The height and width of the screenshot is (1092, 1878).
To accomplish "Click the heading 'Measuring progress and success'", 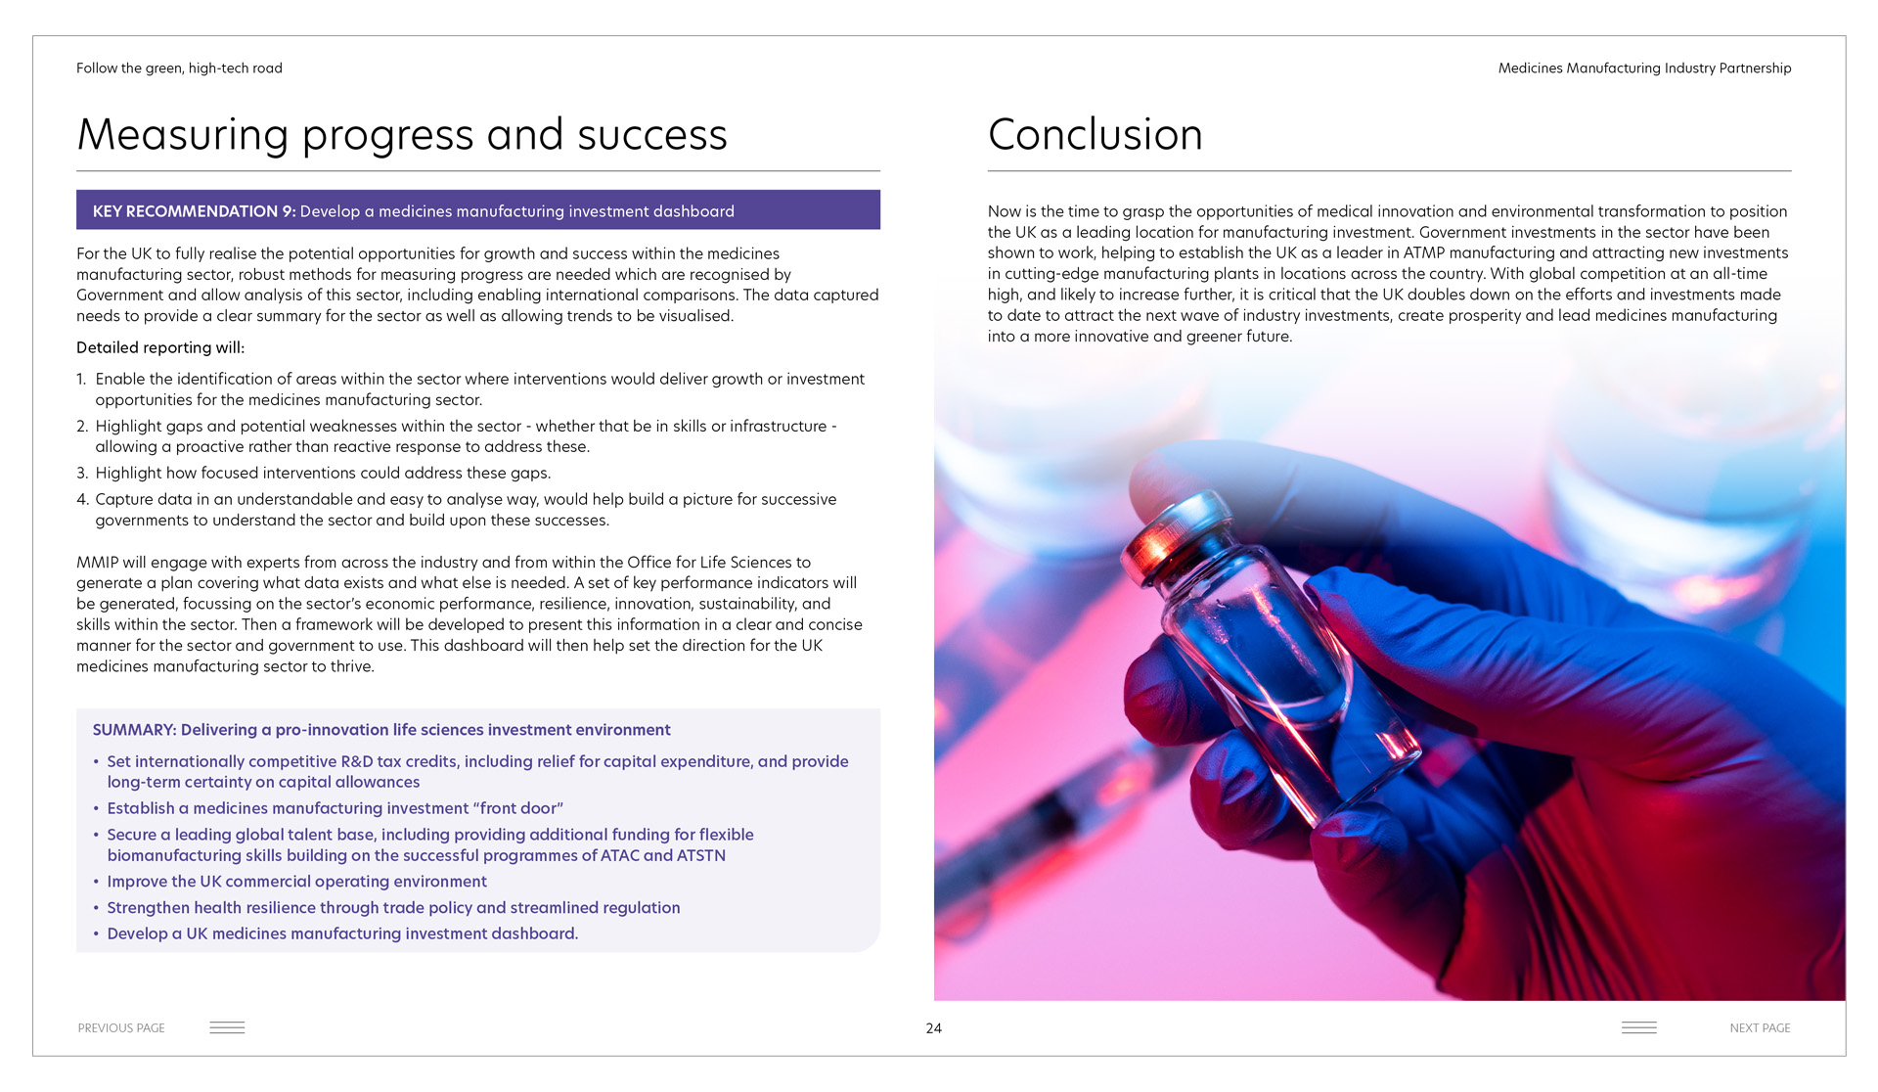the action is (x=402, y=135).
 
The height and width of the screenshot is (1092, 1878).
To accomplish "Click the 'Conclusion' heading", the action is (x=1095, y=135).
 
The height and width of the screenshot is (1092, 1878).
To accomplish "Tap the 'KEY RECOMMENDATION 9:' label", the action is (x=194, y=211).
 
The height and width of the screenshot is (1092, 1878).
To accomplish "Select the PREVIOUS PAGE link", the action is (x=121, y=1028).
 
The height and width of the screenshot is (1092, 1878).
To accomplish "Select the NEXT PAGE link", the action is (x=1760, y=1028).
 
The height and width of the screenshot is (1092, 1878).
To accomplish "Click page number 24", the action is (x=934, y=1028).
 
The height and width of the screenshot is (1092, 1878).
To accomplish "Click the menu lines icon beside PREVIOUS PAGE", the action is (x=227, y=1027).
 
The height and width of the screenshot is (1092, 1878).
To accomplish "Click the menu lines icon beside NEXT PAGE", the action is (x=1639, y=1027).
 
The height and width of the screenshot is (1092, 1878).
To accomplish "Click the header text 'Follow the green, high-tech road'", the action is (x=179, y=68).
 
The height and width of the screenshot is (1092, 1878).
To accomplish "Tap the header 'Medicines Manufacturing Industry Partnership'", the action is (x=1644, y=68).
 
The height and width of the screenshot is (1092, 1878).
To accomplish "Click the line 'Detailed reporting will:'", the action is (x=160, y=347).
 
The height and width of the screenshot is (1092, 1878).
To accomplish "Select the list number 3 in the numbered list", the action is (x=82, y=474).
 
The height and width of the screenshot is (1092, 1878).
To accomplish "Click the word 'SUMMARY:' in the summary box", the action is (x=134, y=730).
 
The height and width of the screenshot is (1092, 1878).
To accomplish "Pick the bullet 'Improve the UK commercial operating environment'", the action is (x=296, y=882).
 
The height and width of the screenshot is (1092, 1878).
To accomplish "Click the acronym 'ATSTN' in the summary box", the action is (x=701, y=855).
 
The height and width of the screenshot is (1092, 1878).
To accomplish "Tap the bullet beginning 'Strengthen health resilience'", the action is (x=393, y=908).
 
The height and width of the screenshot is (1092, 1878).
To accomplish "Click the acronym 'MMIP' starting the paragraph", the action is (x=97, y=563).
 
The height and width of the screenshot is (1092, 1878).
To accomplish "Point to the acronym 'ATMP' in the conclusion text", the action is (x=1424, y=253).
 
